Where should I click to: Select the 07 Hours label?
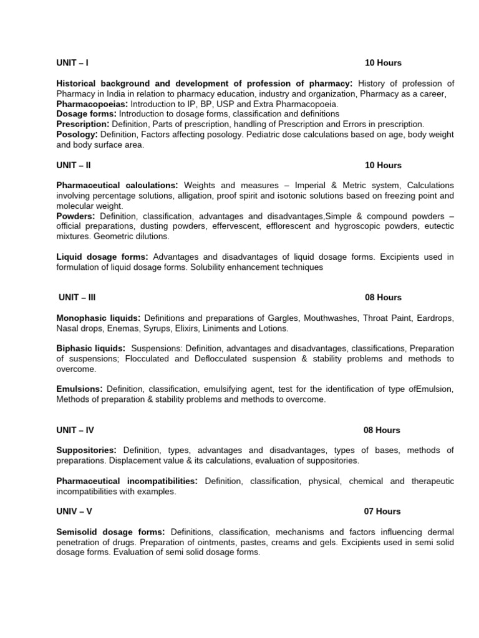coord(382,512)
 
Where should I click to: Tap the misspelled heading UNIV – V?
coord(74,512)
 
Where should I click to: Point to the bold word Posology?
coord(77,135)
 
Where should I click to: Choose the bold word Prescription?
coord(83,124)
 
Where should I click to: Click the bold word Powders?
coord(75,216)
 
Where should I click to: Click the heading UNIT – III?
coord(77,298)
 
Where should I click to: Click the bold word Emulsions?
coord(80,389)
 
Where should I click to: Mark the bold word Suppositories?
coord(87,450)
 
